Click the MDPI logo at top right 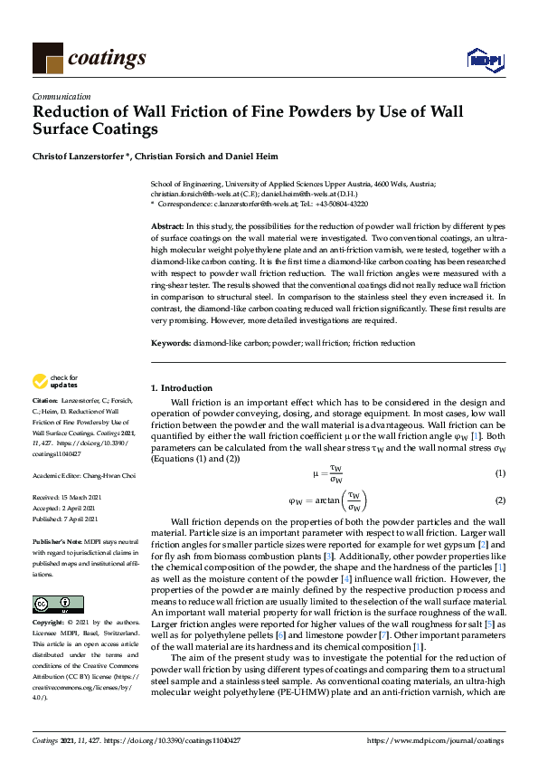485,59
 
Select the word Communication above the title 61,96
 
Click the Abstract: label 167,224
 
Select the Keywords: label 170,343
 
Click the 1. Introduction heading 182,387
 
